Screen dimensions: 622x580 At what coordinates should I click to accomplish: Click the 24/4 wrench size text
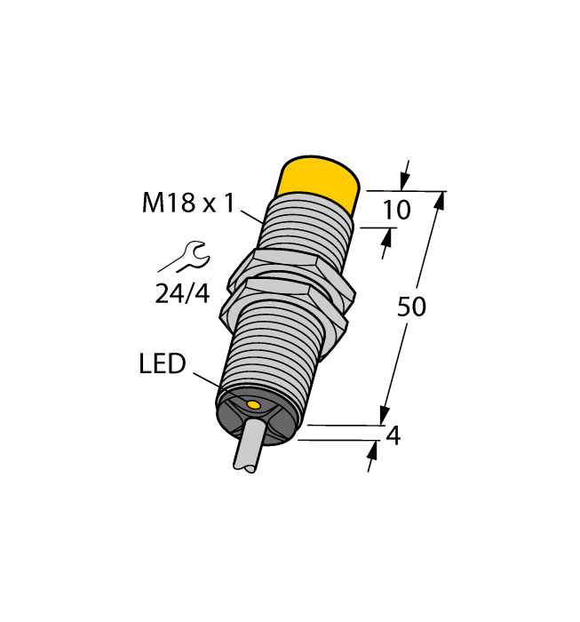(182, 293)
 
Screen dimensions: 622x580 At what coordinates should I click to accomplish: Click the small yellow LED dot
(254, 405)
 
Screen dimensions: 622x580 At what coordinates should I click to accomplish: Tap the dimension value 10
(397, 211)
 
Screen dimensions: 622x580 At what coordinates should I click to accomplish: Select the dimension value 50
(411, 307)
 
